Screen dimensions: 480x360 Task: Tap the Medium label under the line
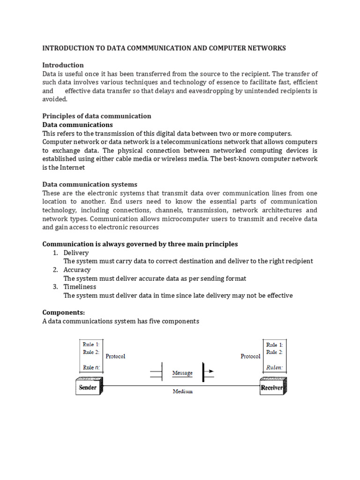pos(182,391)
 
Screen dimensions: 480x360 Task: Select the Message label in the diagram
pos(182,373)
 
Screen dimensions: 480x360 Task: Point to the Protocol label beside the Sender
pos(115,356)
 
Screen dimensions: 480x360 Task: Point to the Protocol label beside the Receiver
pos(250,356)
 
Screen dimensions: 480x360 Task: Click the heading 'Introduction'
pos(63,65)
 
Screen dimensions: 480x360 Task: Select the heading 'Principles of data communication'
pos(97,116)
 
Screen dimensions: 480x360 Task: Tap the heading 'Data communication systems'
pos(90,184)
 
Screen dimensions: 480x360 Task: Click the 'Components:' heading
pos(62,312)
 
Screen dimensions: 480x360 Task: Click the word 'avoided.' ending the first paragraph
pos(55,99)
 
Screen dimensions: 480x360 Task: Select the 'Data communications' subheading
pos(77,125)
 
